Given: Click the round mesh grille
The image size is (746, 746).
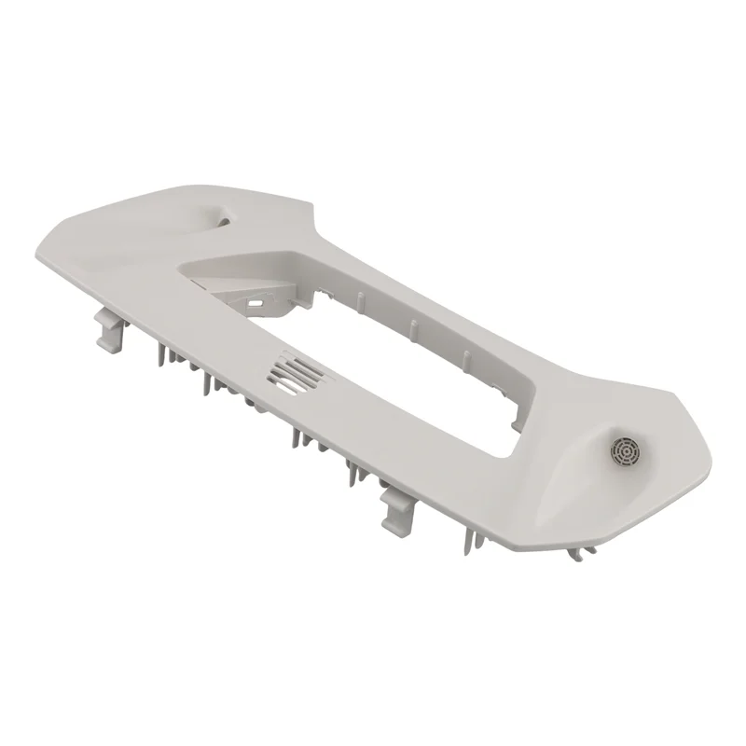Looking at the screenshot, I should click(623, 450).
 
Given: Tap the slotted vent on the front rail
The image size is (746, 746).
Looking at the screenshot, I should click(297, 373).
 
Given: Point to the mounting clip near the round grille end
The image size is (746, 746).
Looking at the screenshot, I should click(398, 507).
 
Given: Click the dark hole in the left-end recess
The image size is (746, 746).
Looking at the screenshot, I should click(220, 216).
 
